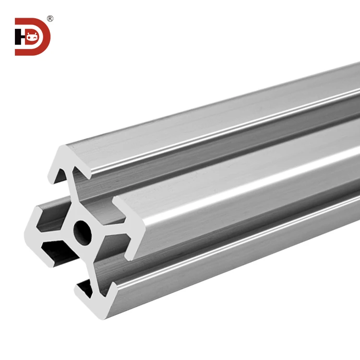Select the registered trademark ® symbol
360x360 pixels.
click(50, 19)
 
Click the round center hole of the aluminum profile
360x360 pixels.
click(83, 231)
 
